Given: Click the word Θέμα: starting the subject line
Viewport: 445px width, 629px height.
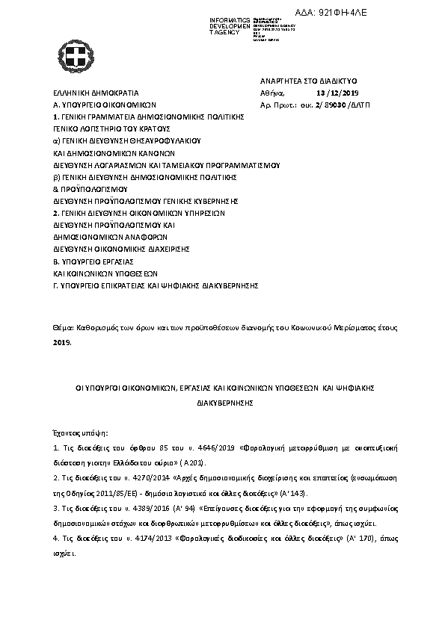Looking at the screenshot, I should point(64,329).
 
